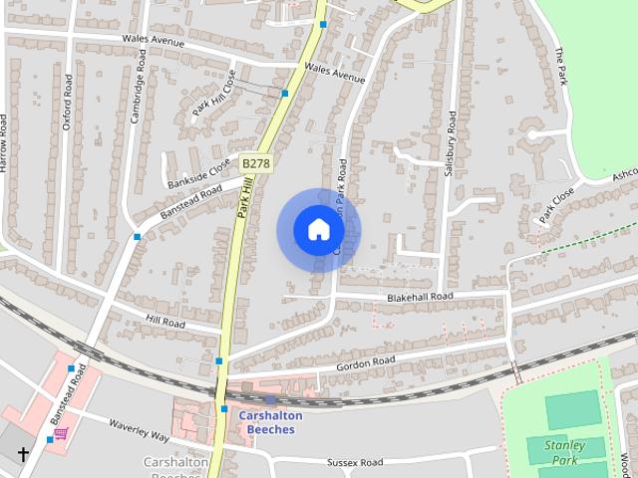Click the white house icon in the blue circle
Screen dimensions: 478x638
click(x=318, y=230)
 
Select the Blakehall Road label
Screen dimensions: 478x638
click(x=420, y=297)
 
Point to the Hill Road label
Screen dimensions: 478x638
click(x=166, y=323)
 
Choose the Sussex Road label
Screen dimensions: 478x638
click(x=355, y=463)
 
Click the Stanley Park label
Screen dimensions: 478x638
click(x=564, y=453)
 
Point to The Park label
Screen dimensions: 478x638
click(x=562, y=66)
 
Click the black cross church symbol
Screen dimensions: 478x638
click(x=22, y=454)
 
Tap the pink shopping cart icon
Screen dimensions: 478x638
click(x=61, y=433)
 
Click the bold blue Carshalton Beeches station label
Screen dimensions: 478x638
click(x=267, y=422)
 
